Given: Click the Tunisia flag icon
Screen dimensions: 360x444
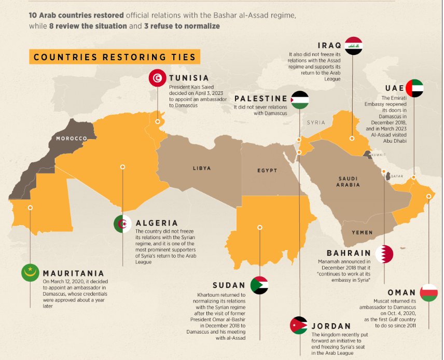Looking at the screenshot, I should (158, 78).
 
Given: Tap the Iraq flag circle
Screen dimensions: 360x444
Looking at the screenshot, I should (353, 46).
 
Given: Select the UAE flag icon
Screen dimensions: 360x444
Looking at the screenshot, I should (414, 88).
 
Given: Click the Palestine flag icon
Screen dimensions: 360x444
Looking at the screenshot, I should (299, 99).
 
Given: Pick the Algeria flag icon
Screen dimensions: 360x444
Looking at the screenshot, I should (123, 224).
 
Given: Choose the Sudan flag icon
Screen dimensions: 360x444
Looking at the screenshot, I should (259, 285).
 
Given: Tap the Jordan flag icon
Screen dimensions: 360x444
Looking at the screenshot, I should (299, 325).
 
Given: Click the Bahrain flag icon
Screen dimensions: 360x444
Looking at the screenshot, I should (384, 254).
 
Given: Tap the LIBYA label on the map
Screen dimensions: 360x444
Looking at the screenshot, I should (202, 168).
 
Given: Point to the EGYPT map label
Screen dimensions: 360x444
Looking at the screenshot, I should (267, 170).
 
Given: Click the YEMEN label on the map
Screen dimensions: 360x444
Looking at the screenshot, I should (362, 232).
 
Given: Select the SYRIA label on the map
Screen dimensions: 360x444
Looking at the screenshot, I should (315, 123).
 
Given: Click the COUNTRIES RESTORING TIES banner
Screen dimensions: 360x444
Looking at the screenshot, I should (115, 57).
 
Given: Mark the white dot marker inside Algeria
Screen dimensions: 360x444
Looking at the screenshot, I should (123, 167).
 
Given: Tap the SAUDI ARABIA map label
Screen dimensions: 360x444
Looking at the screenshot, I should (348, 182).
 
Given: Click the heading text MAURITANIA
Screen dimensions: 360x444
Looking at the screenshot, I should (73, 273).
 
